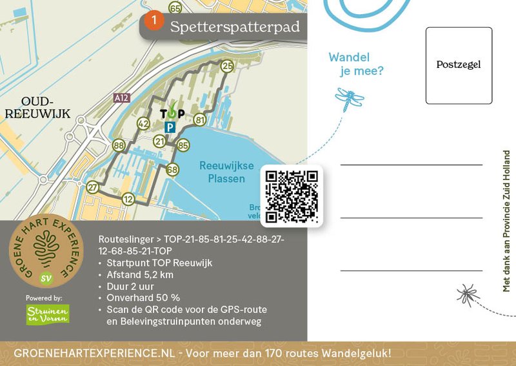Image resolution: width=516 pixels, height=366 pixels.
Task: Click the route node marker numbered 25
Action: coord(227,66)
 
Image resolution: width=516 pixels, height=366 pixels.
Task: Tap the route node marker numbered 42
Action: coord(143,124)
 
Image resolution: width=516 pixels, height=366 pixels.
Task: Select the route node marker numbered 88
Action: coord(119,146)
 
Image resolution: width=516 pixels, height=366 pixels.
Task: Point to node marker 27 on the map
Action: coord(93,187)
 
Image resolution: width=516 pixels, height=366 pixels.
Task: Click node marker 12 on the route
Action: coord(128,199)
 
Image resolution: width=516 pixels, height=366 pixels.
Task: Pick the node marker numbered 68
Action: coord(172,170)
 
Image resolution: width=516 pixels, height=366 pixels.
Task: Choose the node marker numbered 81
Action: coord(199,120)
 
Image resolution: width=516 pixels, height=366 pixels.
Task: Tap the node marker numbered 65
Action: coord(175,8)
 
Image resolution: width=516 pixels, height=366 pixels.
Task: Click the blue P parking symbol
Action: coord(170,128)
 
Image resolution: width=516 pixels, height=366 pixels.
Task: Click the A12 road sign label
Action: coord(121,98)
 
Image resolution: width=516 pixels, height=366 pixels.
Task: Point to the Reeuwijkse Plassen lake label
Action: coord(222,172)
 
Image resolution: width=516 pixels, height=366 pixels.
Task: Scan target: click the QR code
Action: coord(292,196)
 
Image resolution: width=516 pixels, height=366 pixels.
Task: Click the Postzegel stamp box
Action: coord(459,65)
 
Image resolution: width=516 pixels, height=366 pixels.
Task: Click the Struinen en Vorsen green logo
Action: coord(48,314)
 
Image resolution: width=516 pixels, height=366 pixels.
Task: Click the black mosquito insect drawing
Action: coord(468,294)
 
